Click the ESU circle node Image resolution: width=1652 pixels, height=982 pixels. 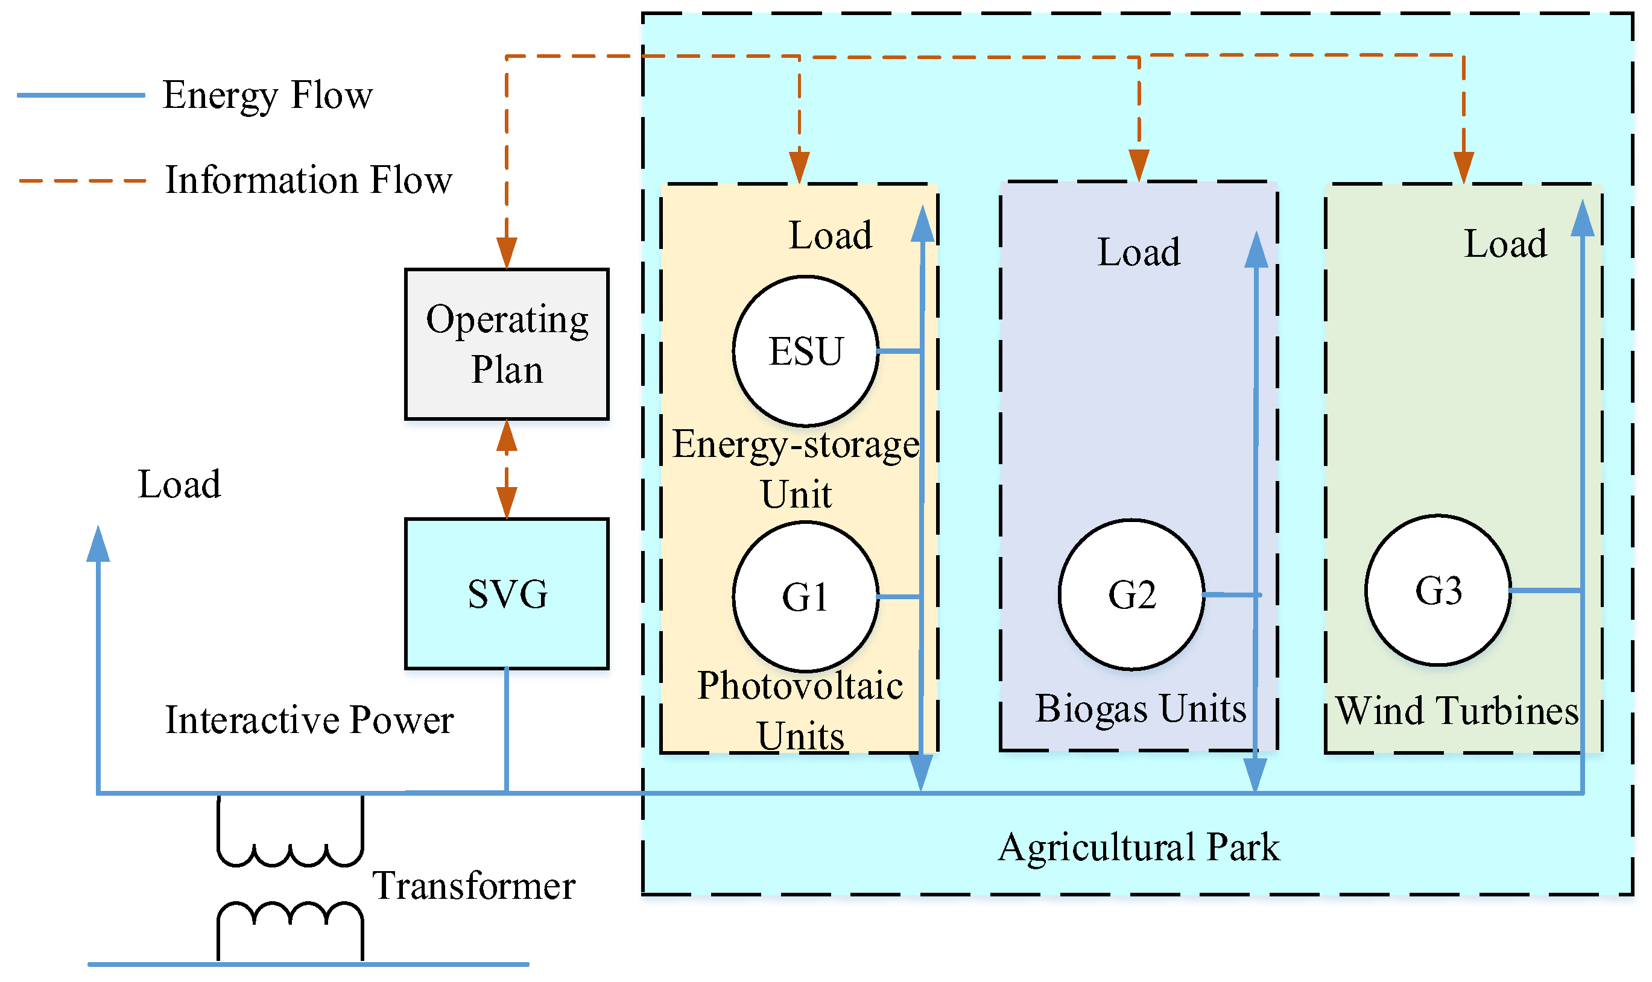coord(805,351)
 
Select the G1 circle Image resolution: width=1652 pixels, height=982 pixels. coord(805,597)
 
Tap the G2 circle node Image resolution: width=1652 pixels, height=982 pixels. coord(1131,595)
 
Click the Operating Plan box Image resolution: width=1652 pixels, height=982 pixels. coord(506,344)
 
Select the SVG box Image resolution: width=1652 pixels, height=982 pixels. coord(506,594)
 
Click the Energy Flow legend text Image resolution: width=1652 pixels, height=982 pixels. coord(267,95)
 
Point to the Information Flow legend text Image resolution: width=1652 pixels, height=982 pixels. coord(308,180)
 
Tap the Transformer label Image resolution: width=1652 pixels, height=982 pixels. coord(473,886)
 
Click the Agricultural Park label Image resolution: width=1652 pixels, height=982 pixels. coord(1138,847)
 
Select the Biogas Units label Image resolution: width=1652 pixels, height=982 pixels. coord(1141,709)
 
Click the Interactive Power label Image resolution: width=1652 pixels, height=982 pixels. coord(309,720)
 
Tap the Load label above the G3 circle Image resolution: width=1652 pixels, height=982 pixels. coord(1505,244)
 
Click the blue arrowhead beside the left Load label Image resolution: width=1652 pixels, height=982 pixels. coord(98,544)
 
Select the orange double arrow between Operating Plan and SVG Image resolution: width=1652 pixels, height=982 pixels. coord(506,469)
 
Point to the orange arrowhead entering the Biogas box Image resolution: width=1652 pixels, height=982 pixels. coord(1138,165)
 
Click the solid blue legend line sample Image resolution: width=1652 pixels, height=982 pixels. coord(81,95)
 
